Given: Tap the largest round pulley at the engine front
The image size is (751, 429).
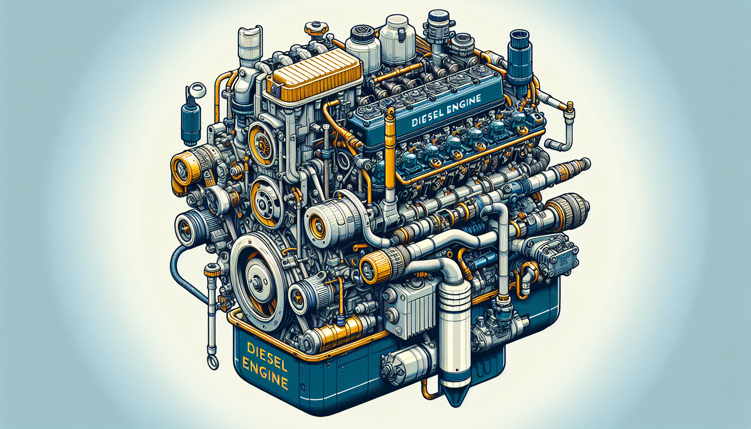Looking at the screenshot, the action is point(256,280).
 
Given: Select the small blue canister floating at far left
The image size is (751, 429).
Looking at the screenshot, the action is point(191,121).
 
